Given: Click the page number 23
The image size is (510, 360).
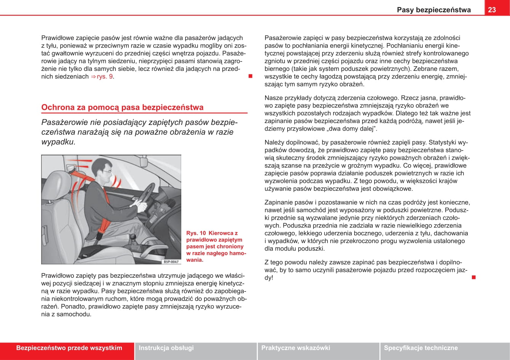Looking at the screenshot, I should click(x=492, y=10).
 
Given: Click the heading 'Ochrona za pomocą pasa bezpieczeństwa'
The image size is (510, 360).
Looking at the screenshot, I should click(x=122, y=107).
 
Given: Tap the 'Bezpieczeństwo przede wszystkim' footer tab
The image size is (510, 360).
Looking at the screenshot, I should click(x=69, y=348).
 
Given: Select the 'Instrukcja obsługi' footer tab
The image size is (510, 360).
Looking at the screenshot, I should click(x=166, y=348).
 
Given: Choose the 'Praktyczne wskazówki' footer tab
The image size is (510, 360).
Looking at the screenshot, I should click(x=296, y=348).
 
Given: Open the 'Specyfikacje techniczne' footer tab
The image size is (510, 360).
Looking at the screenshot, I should click(x=420, y=348).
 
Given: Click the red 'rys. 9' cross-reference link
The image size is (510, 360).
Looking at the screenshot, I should click(x=105, y=77).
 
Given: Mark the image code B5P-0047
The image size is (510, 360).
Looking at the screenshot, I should click(x=171, y=262).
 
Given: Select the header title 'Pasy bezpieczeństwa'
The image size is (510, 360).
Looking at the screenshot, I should click(x=433, y=10).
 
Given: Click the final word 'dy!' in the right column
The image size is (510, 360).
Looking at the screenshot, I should click(x=269, y=278).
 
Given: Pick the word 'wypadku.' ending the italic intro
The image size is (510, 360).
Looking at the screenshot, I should click(x=58, y=142).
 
